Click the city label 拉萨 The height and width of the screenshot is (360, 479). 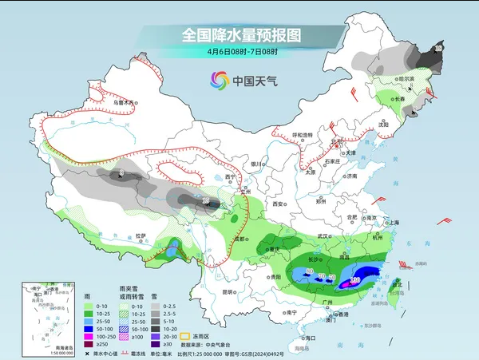click(141, 235)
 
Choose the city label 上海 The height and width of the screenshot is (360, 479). click(393, 222)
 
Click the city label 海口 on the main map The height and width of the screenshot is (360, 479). click(309, 338)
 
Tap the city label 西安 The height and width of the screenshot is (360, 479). click(277, 204)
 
